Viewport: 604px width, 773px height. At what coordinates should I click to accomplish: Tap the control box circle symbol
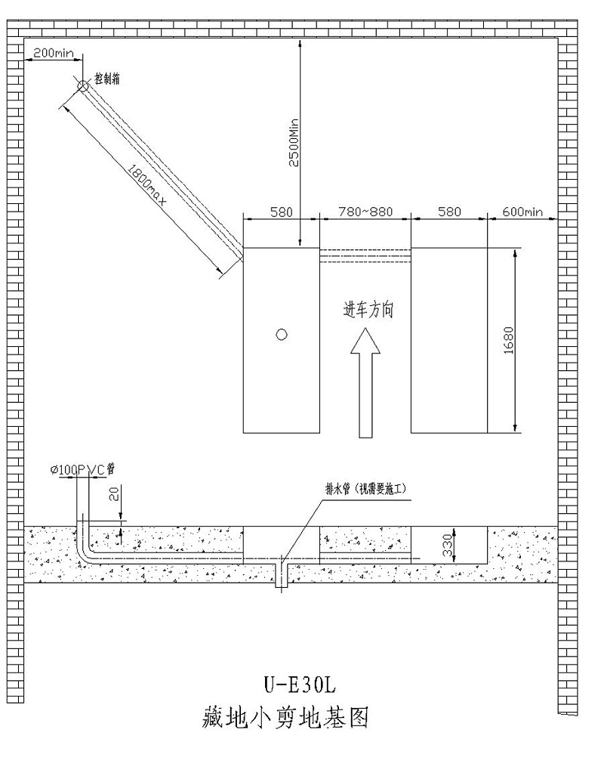click(x=83, y=87)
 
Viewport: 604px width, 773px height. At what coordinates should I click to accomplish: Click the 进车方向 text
click(x=368, y=311)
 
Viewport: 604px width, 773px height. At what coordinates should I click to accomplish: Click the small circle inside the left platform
click(x=281, y=334)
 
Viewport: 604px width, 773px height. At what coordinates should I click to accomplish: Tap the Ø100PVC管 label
click(x=83, y=469)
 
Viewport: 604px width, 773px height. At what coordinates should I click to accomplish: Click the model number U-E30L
click(x=298, y=686)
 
